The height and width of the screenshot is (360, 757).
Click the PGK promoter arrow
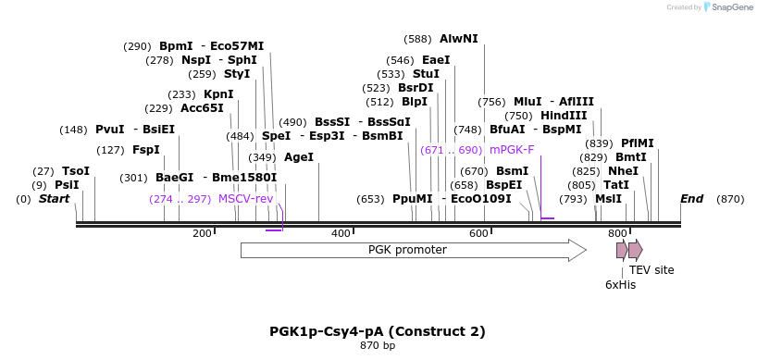(413, 250)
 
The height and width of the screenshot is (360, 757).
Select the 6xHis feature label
(620, 285)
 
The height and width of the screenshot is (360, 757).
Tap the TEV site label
(652, 270)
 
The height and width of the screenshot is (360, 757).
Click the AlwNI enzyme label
(459, 39)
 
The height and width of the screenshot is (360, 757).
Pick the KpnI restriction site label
(218, 94)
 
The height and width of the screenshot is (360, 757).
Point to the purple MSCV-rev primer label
(245, 199)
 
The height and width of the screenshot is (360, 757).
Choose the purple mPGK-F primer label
(512, 150)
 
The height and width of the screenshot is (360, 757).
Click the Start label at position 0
(54, 199)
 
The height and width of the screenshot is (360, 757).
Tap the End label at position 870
(691, 199)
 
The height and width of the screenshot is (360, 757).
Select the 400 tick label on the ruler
(341, 234)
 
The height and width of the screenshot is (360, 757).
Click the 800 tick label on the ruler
(617, 234)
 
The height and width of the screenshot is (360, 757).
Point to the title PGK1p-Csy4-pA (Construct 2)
(378, 331)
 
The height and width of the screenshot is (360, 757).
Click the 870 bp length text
(378, 346)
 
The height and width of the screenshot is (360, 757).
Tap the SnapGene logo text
(731, 7)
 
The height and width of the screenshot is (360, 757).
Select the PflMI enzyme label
(638, 143)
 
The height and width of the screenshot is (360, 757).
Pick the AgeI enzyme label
(299, 157)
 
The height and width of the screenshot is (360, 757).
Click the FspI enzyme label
(146, 150)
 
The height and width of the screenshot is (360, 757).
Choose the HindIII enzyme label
(564, 116)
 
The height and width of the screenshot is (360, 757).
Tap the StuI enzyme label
(426, 74)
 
